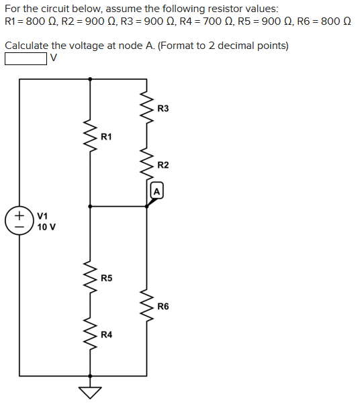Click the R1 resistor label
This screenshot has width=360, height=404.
click(106, 137)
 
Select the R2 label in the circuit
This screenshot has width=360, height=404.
click(163, 165)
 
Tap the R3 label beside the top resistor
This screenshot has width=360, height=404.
click(163, 109)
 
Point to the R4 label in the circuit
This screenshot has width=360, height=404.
click(106, 334)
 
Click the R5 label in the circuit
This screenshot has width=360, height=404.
click(106, 278)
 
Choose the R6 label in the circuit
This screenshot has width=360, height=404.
click(163, 306)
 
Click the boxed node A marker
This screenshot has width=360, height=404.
click(156, 191)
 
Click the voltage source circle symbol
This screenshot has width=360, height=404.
click(19, 221)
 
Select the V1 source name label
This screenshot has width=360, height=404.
click(42, 216)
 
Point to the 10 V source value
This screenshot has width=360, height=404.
click(46, 227)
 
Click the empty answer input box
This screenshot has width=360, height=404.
click(26, 59)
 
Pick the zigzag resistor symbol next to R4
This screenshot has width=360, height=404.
click(91, 334)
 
